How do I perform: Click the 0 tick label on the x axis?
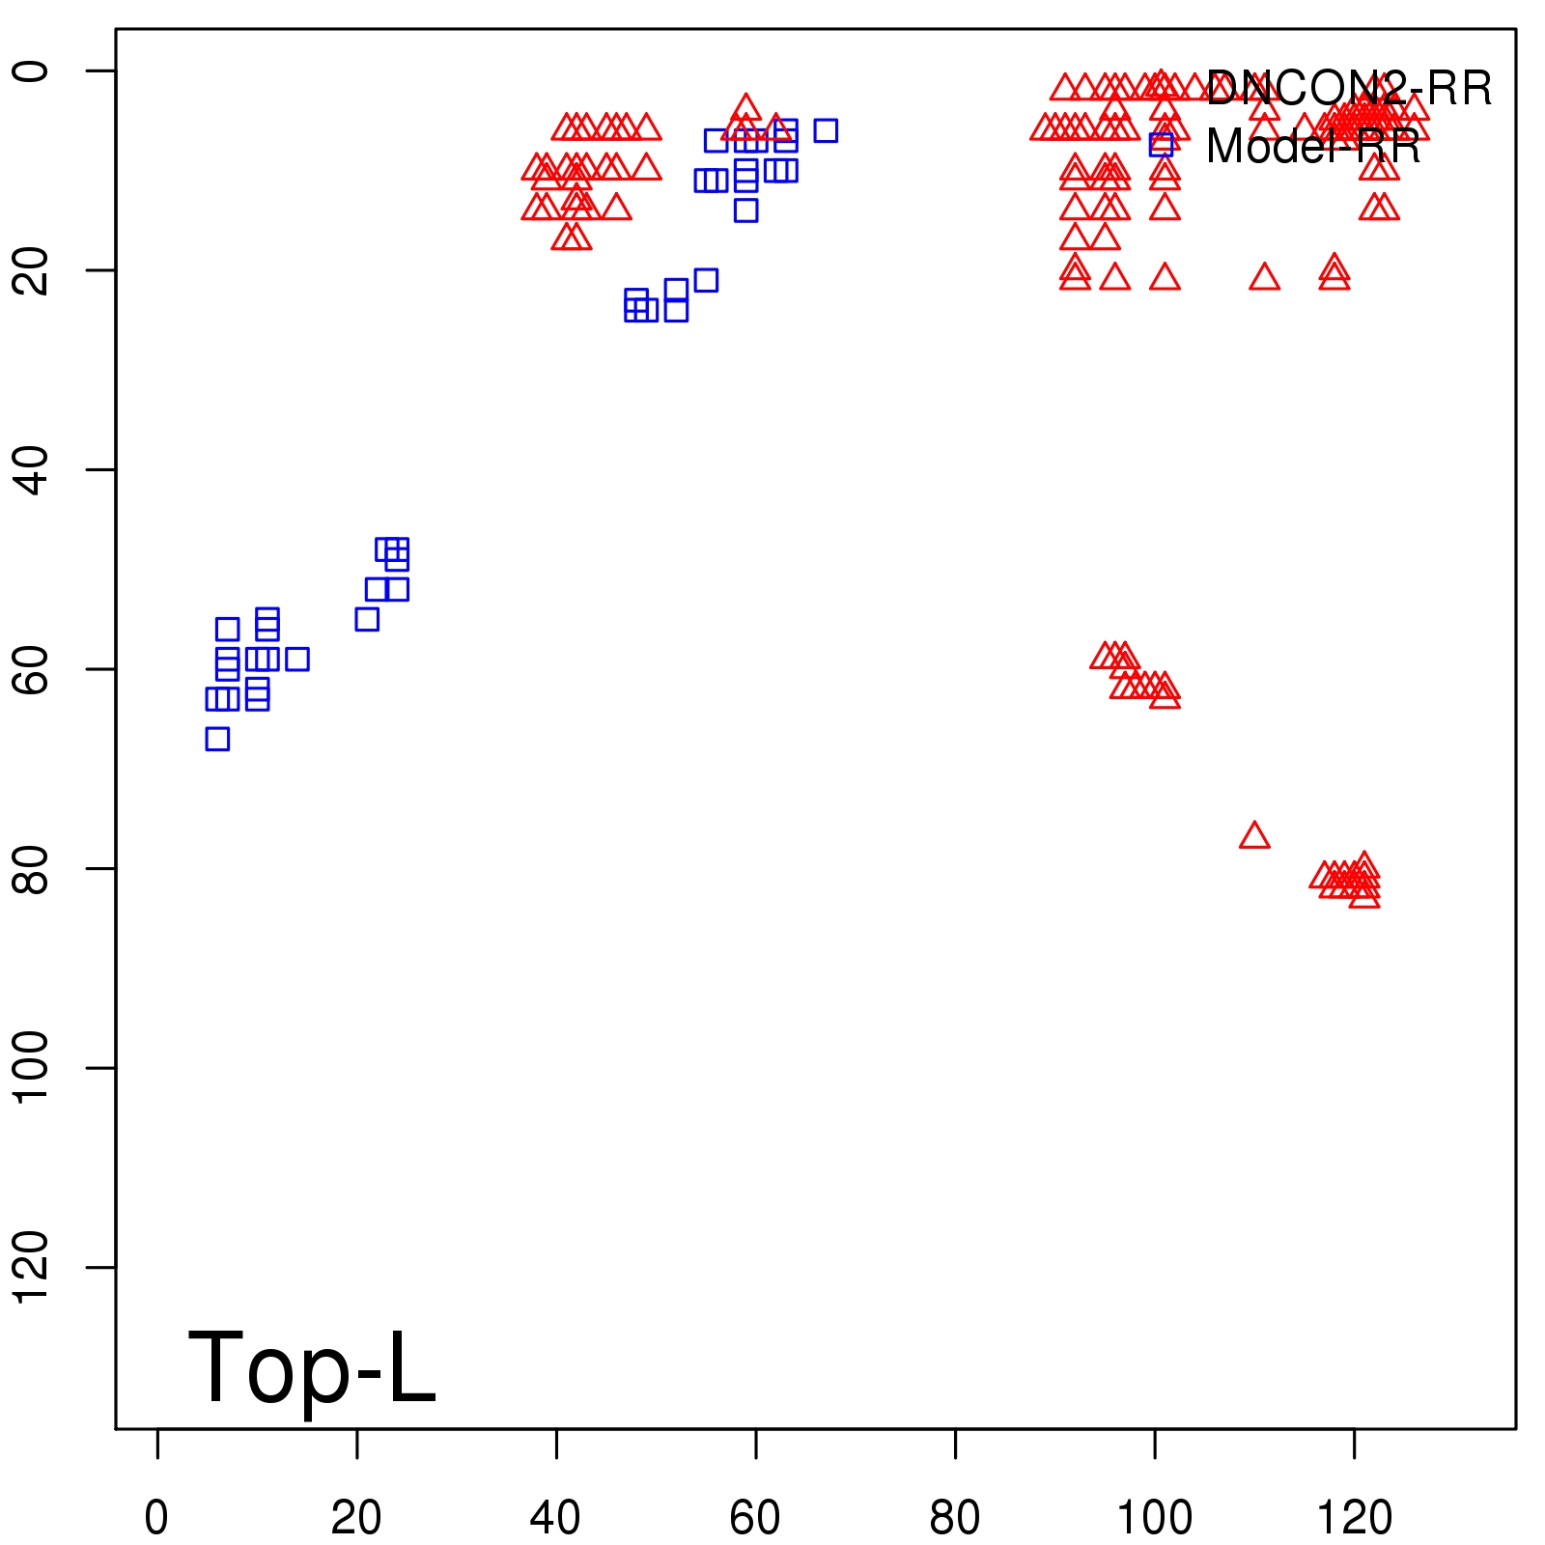(156, 1518)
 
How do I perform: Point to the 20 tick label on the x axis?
(356, 1518)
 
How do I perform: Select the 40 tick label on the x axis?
(555, 1518)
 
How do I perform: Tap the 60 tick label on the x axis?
(755, 1518)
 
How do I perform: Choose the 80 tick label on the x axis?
(954, 1518)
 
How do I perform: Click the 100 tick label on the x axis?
(1154, 1518)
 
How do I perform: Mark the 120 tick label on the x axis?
(1354, 1518)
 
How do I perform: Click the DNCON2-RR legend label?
(1349, 89)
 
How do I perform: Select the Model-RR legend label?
(1313, 147)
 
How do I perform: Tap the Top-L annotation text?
(311, 1367)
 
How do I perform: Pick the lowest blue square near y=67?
(217, 739)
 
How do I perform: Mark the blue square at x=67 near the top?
(826, 130)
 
